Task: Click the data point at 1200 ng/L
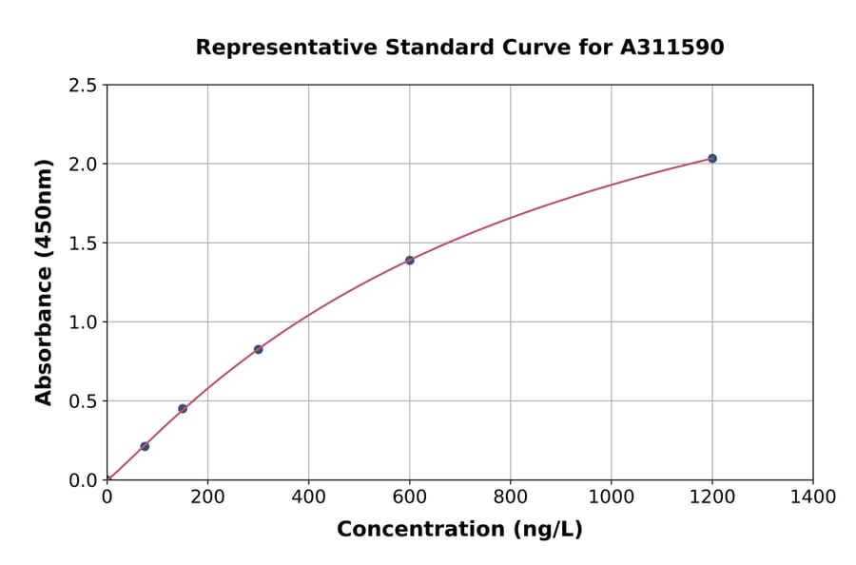pyautogui.click(x=712, y=158)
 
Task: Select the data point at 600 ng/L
pyautogui.click(x=410, y=260)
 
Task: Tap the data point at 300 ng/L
pyautogui.click(x=258, y=349)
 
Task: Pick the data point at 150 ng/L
pyautogui.click(x=183, y=409)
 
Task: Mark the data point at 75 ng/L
pyautogui.click(x=145, y=446)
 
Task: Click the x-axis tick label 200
pyautogui.click(x=207, y=497)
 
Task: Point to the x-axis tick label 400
pyautogui.click(x=308, y=497)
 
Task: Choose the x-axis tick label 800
pyautogui.click(x=511, y=497)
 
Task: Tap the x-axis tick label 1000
pyautogui.click(x=611, y=497)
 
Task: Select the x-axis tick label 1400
pyautogui.click(x=813, y=497)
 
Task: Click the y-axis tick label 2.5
pyautogui.click(x=83, y=86)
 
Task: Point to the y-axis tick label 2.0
pyautogui.click(x=83, y=165)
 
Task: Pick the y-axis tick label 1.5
pyautogui.click(x=83, y=244)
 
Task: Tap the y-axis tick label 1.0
pyautogui.click(x=83, y=322)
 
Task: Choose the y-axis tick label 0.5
pyautogui.click(x=83, y=401)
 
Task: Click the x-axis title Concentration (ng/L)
pyautogui.click(x=459, y=529)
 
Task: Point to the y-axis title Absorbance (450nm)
pyautogui.click(x=44, y=282)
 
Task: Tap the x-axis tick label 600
pyautogui.click(x=410, y=497)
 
